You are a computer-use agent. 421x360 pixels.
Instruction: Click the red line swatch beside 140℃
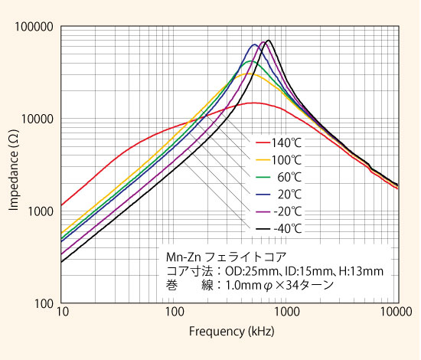263,143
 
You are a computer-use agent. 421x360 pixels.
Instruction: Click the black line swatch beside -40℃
263,227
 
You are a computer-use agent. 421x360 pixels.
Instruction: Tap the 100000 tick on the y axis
34,28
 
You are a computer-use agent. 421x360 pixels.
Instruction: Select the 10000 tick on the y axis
36,119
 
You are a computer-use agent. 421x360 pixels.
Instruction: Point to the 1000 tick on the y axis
39,211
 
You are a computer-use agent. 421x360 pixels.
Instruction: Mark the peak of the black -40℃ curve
268,41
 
